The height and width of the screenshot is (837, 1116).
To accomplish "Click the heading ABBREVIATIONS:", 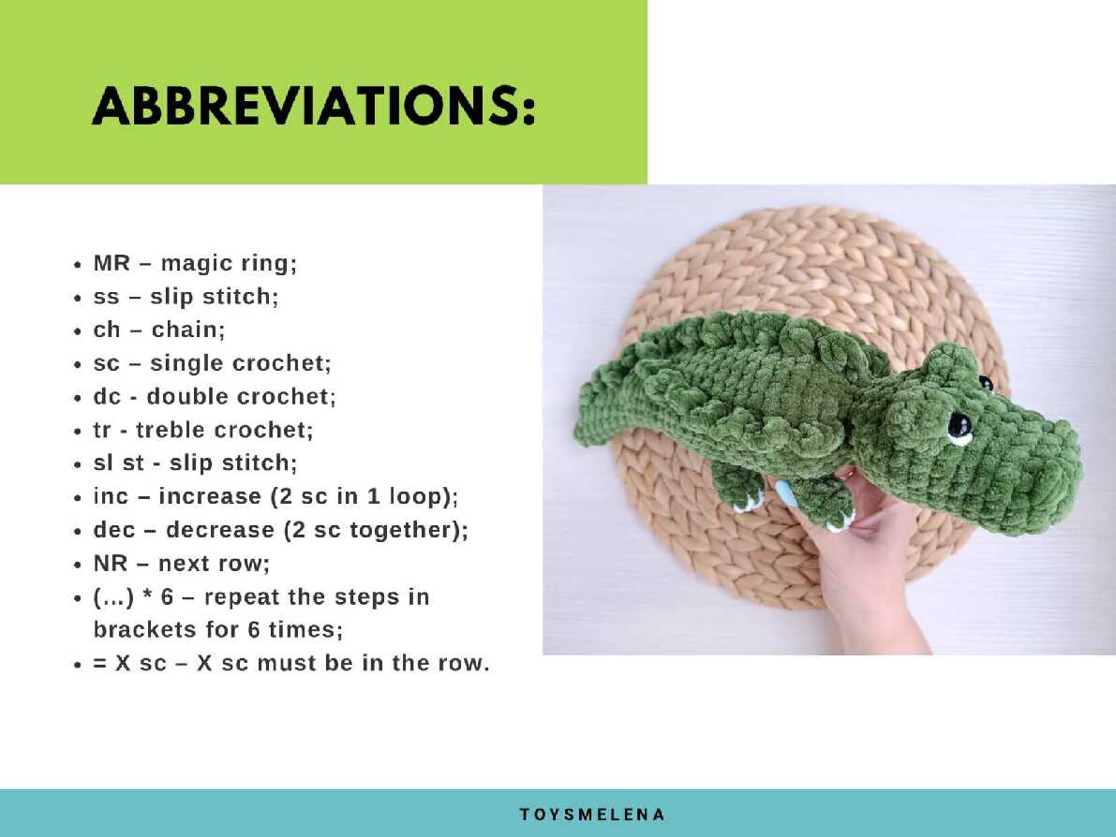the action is click(313, 107).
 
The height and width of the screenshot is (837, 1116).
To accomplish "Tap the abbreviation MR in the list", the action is click(112, 263).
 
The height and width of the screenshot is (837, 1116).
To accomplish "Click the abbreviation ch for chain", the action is click(107, 330).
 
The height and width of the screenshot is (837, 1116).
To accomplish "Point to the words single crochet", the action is click(238, 363).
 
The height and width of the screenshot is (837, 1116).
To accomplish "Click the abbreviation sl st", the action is click(119, 463).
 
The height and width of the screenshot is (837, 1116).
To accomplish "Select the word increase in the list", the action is click(210, 496).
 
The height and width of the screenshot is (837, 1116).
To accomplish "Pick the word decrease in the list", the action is click(220, 530).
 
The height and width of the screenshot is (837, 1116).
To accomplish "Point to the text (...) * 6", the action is click(133, 596).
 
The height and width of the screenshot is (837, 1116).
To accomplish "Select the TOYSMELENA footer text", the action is click(592, 815).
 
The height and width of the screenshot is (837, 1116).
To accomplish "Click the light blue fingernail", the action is click(786, 493).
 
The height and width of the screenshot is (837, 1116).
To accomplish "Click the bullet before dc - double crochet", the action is click(78, 398).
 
